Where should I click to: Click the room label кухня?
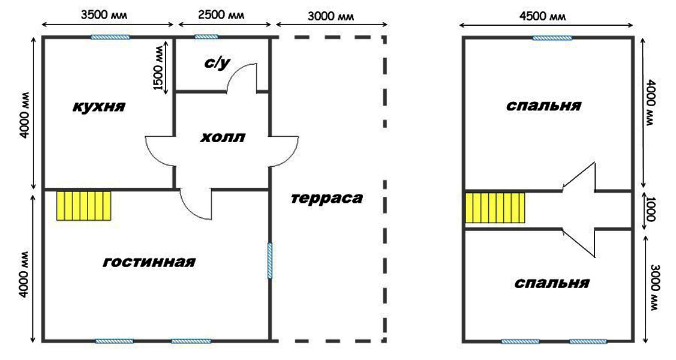99,106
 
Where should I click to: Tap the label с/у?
217,63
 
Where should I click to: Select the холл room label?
223,137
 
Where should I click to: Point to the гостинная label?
149,261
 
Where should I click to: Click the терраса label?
327,199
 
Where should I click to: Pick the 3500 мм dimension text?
104,15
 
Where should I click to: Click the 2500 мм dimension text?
221,15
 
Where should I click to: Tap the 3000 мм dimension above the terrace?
331,16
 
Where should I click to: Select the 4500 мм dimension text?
542,16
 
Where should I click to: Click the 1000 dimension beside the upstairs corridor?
650,209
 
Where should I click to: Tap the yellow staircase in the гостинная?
84,206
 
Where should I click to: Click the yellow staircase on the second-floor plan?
495,208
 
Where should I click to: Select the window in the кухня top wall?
110,37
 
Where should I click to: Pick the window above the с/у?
206,37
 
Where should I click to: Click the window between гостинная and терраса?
270,260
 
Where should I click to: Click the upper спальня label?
543,106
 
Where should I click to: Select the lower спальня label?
551,283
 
